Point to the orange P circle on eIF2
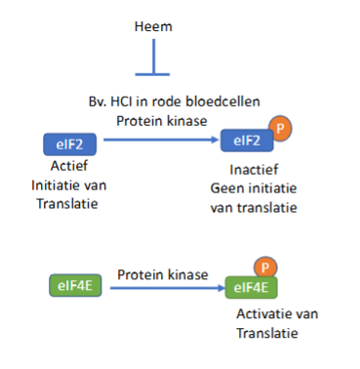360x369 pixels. tap(279, 128)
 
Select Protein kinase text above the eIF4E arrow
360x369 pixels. tap(162, 274)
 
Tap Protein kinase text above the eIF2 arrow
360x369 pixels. tap(161, 120)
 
